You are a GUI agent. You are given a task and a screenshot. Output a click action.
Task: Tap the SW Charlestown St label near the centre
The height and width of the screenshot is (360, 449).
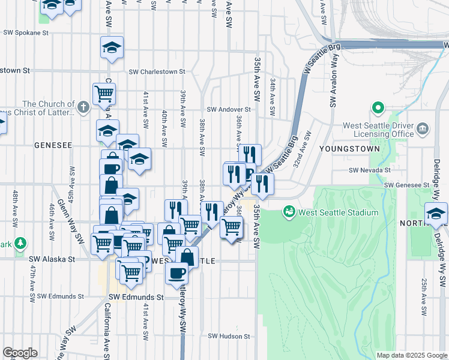(x=157, y=71)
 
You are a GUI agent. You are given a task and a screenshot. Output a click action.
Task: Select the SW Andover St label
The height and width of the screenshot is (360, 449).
(x=228, y=110)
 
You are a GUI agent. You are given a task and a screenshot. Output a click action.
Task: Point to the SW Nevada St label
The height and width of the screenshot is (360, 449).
(x=370, y=170)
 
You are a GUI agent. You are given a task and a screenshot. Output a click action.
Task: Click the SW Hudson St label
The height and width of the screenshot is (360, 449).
(x=228, y=337)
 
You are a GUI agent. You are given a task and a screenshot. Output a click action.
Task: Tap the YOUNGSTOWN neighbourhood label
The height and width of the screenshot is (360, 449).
(x=349, y=148)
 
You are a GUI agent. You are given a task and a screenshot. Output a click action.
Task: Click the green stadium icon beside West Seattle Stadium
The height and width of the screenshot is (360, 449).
(x=289, y=212)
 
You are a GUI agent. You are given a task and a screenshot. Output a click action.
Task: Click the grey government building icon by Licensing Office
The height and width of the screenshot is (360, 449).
(x=423, y=128)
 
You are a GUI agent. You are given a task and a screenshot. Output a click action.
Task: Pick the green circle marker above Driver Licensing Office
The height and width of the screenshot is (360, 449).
(x=378, y=109)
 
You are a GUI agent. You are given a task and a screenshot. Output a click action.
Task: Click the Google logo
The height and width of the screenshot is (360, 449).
(x=20, y=353)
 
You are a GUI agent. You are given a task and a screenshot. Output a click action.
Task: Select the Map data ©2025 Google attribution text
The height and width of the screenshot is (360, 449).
(x=411, y=355)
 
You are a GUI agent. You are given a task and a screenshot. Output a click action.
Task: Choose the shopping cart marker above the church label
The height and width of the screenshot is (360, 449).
(x=104, y=93)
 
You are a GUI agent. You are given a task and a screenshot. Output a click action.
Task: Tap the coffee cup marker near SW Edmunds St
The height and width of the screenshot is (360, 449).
(x=176, y=273)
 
